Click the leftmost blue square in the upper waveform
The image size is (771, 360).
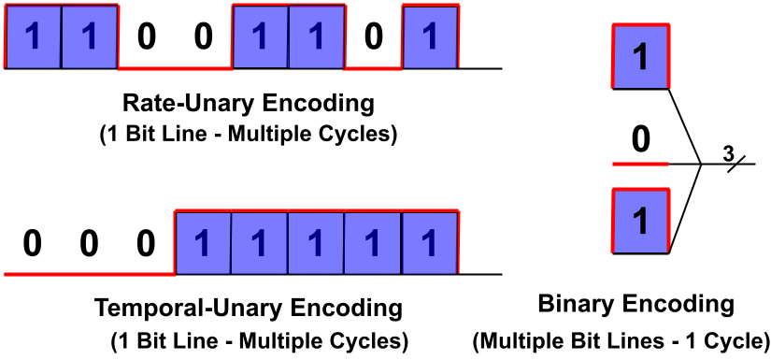click(x=34, y=36)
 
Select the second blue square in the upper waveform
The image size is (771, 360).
click(x=90, y=36)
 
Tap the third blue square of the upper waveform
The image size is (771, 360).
click(x=260, y=36)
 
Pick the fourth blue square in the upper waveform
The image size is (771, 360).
click(x=316, y=36)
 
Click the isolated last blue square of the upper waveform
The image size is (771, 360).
click(x=430, y=36)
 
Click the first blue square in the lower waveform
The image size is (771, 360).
click(x=203, y=243)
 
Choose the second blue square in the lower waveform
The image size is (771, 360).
click(x=260, y=243)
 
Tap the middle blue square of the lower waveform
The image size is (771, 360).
click(x=316, y=243)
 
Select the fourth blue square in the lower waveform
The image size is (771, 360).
click(x=373, y=243)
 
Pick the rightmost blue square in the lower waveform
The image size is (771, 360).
click(x=430, y=243)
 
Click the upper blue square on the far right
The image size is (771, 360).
click(x=640, y=56)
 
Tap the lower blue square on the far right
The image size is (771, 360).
click(x=640, y=221)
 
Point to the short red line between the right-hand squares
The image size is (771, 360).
click(x=640, y=164)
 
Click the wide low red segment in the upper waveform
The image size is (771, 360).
click(x=175, y=68)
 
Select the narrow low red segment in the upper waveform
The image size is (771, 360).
click(x=373, y=68)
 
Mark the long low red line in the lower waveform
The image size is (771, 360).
click(x=89, y=274)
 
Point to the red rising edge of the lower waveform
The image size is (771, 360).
click(x=175, y=243)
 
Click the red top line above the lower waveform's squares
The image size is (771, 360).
click(x=316, y=211)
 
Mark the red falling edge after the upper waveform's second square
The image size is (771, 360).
click(x=119, y=37)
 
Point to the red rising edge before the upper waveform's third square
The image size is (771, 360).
click(x=232, y=37)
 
